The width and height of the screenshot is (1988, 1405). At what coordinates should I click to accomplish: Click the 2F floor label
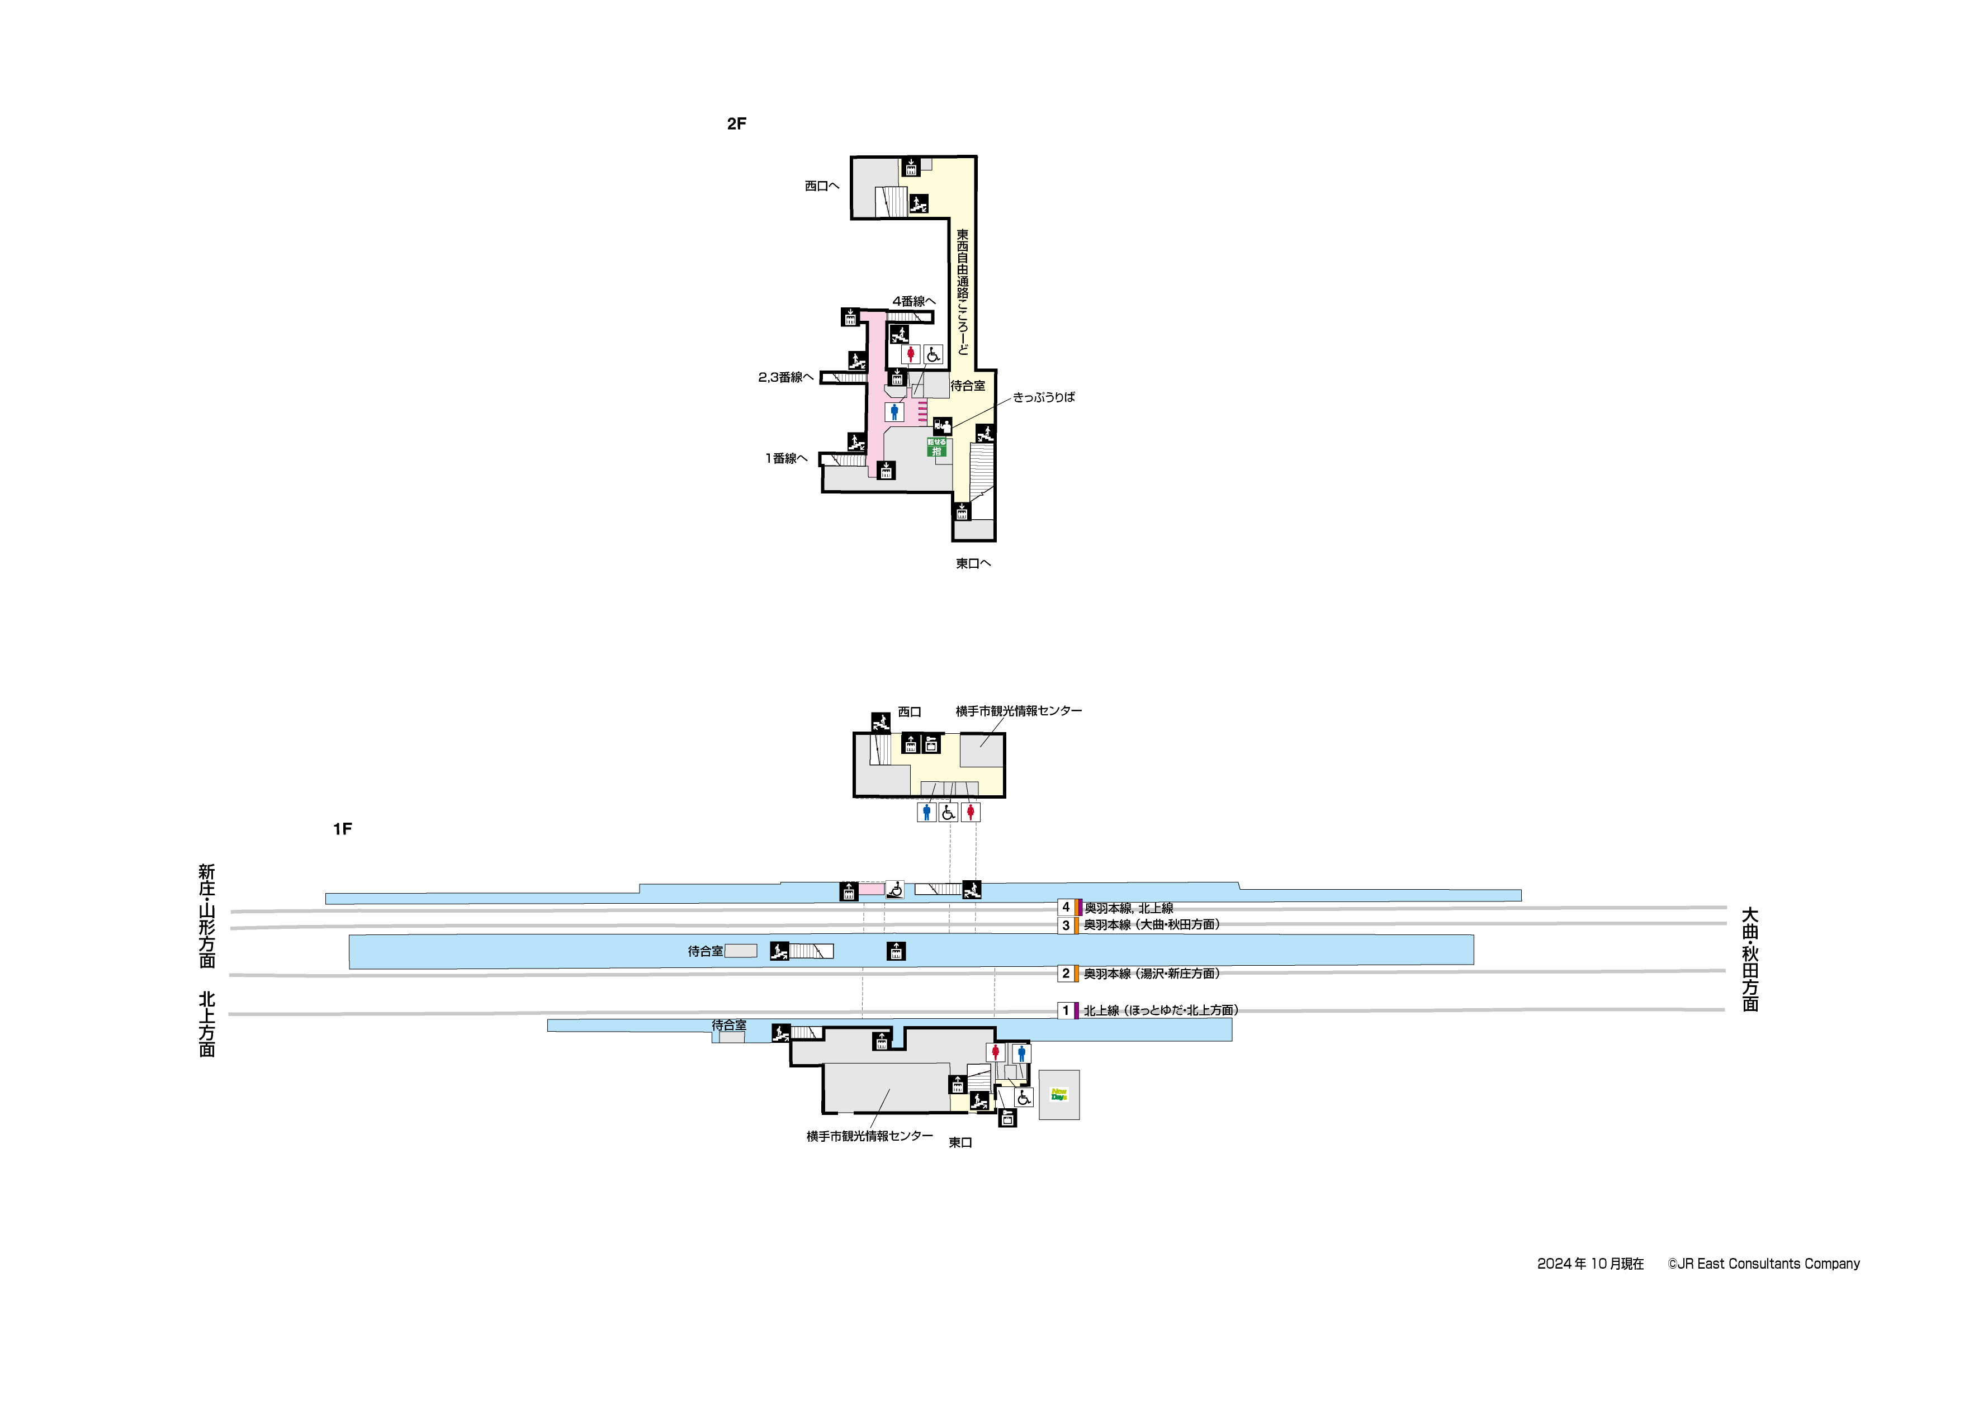tap(736, 124)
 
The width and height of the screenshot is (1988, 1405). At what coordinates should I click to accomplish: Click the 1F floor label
tap(342, 829)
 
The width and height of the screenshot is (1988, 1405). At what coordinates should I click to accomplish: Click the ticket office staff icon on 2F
tap(942, 426)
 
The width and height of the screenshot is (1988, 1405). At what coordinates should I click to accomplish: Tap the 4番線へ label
tap(913, 301)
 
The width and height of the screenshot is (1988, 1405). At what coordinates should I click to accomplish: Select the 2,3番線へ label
tap(785, 377)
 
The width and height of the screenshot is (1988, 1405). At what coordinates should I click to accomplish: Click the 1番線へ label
tap(785, 459)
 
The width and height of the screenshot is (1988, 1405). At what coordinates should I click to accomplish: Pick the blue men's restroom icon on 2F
tap(894, 412)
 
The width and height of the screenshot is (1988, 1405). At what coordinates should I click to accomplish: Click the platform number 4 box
tap(1066, 907)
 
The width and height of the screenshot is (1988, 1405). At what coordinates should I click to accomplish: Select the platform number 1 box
tap(1066, 1010)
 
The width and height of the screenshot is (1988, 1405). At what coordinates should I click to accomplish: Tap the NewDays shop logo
tap(1059, 1095)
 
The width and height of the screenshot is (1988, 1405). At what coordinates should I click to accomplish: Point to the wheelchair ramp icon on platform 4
tap(895, 889)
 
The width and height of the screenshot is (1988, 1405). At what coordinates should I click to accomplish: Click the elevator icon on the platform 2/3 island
tap(896, 951)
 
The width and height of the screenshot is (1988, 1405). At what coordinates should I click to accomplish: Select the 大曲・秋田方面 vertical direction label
tap(1750, 959)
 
